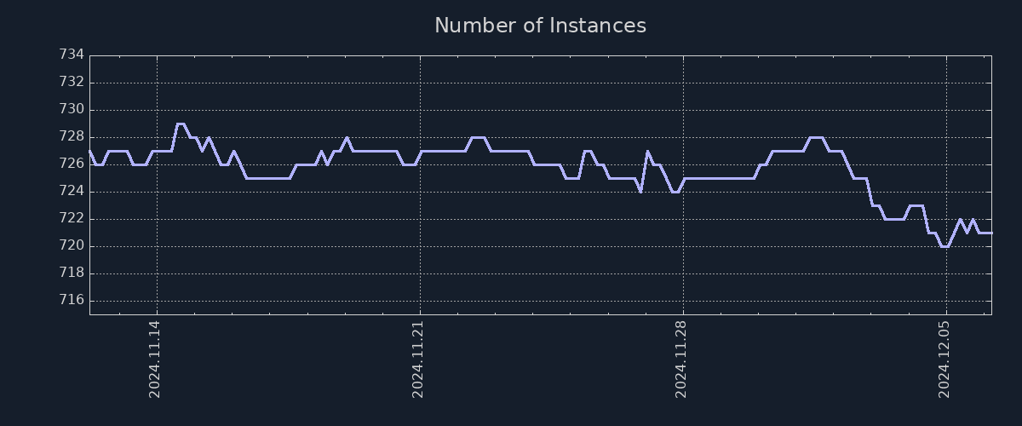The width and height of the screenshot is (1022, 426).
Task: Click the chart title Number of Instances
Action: pyautogui.click(x=540, y=26)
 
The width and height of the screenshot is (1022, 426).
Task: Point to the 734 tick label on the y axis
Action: pyautogui.click(x=72, y=55)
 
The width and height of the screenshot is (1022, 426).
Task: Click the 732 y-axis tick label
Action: pyautogui.click(x=72, y=82)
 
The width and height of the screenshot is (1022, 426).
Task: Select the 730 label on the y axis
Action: pyautogui.click(x=72, y=109)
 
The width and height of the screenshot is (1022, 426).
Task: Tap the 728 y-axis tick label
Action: pyautogui.click(x=72, y=136)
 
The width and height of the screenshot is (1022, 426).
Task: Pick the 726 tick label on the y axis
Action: pyautogui.click(x=72, y=164)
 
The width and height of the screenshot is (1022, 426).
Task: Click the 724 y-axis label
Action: pyautogui.click(x=72, y=191)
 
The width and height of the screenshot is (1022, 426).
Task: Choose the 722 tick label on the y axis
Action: pyautogui.click(x=72, y=218)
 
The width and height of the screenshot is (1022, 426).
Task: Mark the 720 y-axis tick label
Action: pyautogui.click(x=72, y=245)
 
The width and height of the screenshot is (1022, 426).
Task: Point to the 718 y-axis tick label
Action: pyautogui.click(x=72, y=273)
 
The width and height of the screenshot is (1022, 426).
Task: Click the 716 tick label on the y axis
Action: pyautogui.click(x=72, y=300)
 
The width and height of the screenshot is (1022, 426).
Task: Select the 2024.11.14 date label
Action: pyautogui.click(x=154, y=359)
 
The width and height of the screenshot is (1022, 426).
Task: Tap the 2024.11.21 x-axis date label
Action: pyautogui.click(x=417, y=359)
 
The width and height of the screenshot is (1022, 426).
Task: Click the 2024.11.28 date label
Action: pyautogui.click(x=680, y=359)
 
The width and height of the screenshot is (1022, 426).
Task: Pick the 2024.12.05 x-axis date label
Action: pyautogui.click(x=944, y=359)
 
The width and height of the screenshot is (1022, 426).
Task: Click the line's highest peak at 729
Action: pyautogui.click(x=180, y=124)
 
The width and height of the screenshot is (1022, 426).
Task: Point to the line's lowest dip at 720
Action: pyautogui.click(x=944, y=246)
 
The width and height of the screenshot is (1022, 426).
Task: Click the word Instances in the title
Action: pyautogui.click(x=597, y=26)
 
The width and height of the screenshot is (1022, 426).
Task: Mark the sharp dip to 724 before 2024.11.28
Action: pyautogui.click(x=640, y=192)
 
